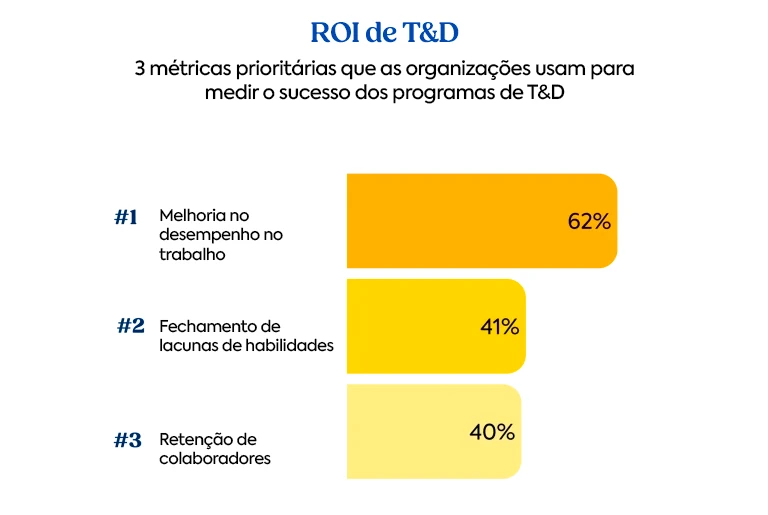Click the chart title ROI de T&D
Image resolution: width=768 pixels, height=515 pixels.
[x=384, y=33]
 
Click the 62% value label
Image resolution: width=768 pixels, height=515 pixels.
[x=589, y=222]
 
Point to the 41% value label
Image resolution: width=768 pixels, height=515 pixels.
[x=499, y=327]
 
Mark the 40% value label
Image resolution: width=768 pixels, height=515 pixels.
[x=492, y=432]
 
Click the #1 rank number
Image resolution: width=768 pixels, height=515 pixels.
[x=125, y=217]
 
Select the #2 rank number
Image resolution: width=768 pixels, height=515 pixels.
[x=130, y=326]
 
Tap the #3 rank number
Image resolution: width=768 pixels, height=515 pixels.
[x=127, y=440]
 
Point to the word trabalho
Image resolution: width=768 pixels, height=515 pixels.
[x=192, y=254]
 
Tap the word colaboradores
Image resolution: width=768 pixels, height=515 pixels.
[x=215, y=459]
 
